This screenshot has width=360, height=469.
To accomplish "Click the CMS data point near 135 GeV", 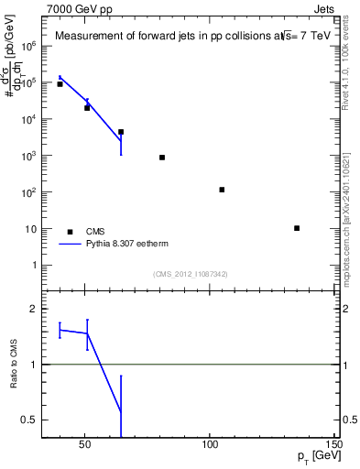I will point(297,228).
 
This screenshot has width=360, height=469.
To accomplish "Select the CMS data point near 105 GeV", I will point(222,190).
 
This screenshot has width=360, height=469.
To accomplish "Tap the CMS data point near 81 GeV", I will point(162,158).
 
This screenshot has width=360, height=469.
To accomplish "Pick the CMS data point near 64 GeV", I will point(121,132).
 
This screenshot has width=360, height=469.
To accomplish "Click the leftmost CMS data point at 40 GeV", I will point(60,84).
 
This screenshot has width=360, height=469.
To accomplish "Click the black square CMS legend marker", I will point(70,232).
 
